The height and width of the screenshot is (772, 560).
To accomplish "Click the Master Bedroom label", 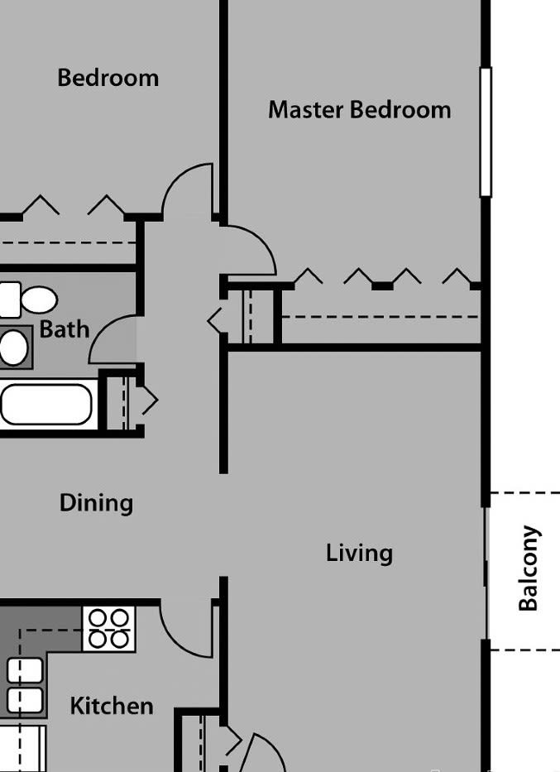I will (359, 110).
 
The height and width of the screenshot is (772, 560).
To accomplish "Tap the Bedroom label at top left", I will (108, 79).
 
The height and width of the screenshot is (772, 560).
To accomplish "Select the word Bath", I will (64, 328).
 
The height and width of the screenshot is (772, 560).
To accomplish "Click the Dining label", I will (96, 503).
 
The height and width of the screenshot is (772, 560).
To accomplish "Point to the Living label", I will (358, 553).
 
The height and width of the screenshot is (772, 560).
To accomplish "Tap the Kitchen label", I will (111, 706).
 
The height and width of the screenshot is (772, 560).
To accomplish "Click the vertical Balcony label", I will (528, 568).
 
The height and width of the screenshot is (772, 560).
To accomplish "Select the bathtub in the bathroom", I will (45, 404).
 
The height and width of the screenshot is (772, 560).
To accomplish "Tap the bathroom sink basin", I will (13, 348).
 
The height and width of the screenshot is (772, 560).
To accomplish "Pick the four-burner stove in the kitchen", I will (108, 629).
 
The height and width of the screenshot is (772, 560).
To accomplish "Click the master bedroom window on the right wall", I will (486, 132).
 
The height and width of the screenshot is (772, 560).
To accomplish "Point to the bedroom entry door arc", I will (188, 191).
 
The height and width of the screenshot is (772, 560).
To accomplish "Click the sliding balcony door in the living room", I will (486, 571).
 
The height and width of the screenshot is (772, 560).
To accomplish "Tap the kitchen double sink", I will (25, 685).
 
